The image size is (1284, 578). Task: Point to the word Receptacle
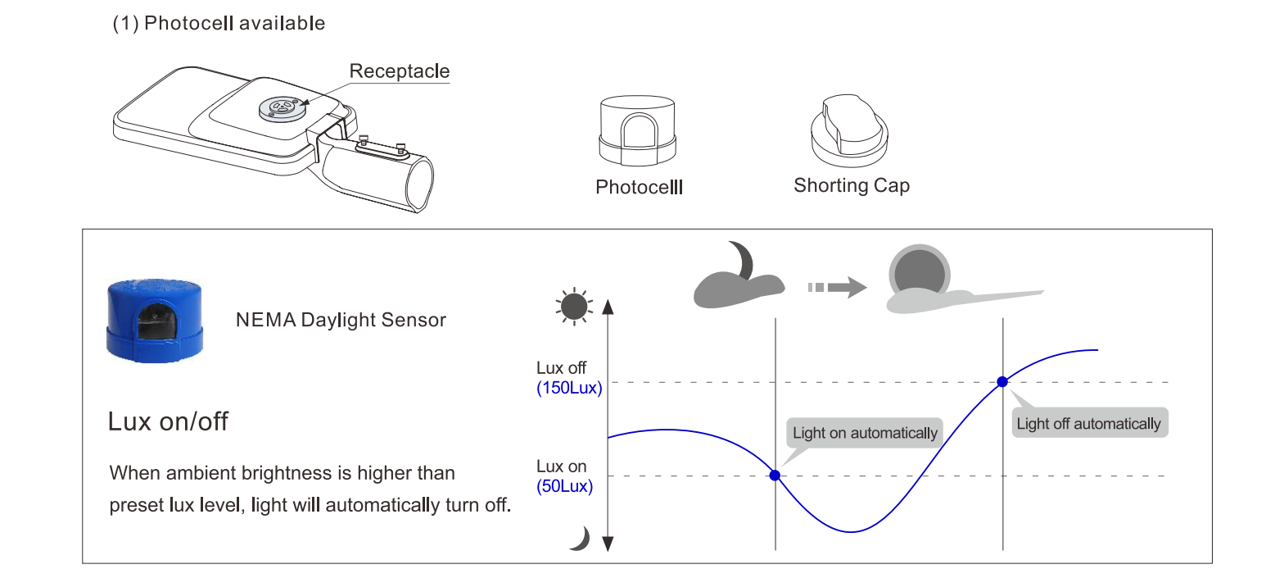pos(399,71)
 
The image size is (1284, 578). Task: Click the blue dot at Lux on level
pos(775,476)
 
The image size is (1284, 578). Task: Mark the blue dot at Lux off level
pos(1002,382)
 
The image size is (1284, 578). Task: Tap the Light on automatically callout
pos(865,433)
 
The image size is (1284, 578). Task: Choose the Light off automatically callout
pos(1088,424)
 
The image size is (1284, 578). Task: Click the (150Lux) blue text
pos(569,389)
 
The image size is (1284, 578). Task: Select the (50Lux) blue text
pos(565,485)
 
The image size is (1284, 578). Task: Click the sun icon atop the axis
pos(573,307)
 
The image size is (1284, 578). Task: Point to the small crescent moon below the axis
pos(580,539)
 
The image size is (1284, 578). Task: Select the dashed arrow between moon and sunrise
pos(836,288)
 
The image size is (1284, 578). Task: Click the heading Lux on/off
pos(168,422)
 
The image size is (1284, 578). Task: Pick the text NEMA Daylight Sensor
pos(341,320)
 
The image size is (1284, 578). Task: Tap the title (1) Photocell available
pos(219,24)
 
